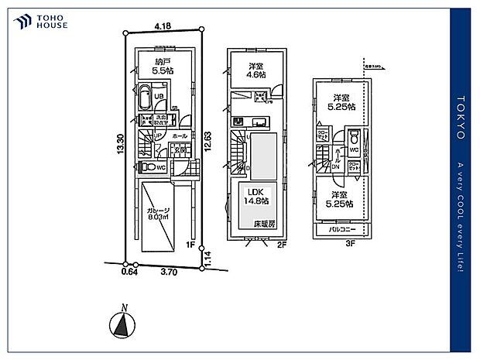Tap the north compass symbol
pyautogui.click(x=122, y=322)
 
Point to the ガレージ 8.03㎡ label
pyautogui.click(x=159, y=214)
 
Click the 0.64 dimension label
pyautogui.click(x=129, y=272)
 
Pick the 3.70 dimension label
pyautogui.click(x=168, y=272)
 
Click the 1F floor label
pyautogui.click(x=190, y=245)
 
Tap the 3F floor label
pyautogui.click(x=349, y=242)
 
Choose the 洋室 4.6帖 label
pyautogui.click(x=257, y=70)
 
